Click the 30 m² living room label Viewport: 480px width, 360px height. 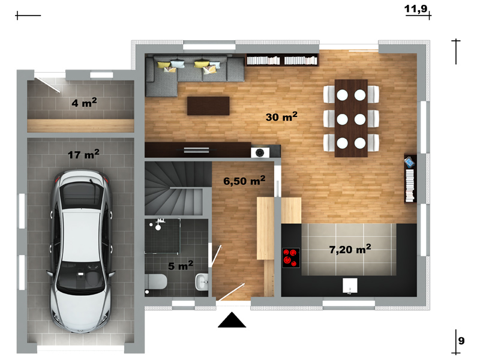pyautogui.click(x=281, y=116)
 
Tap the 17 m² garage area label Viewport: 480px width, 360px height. pyautogui.click(x=83, y=154)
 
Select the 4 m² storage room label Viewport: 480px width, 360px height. pyautogui.click(x=84, y=103)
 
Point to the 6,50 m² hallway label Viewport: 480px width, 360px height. pyautogui.click(x=244, y=181)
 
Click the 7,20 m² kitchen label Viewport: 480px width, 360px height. pyautogui.click(x=350, y=249)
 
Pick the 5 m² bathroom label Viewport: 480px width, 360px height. pyautogui.click(x=181, y=265)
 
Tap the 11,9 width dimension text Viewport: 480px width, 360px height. pyautogui.click(x=416, y=8)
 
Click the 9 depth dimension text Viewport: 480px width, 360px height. pyautogui.click(x=461, y=340)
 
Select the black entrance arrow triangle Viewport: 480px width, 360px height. pyautogui.click(x=232, y=320)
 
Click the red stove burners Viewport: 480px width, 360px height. pyautogui.click(x=291, y=258)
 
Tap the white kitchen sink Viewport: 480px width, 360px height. pyautogui.click(x=350, y=286)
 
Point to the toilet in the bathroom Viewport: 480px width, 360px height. pyautogui.click(x=156, y=281)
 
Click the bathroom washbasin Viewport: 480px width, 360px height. pyautogui.click(x=202, y=281)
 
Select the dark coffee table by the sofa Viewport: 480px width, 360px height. pyautogui.click(x=208, y=106)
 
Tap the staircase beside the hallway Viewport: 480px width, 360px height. pyautogui.click(x=178, y=188)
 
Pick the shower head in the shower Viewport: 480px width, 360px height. pyautogui.click(x=158, y=227)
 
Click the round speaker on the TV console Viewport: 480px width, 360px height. pyautogui.click(x=260, y=152)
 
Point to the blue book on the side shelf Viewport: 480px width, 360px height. pyautogui.click(x=409, y=162)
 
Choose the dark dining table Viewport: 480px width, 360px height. pyautogui.click(x=351, y=118)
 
